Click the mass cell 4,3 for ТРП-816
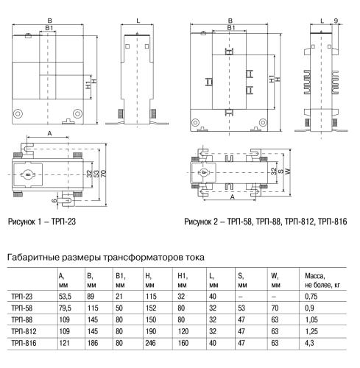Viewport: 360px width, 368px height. tap(309, 343)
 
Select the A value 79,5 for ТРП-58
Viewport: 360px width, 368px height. tap(65, 308)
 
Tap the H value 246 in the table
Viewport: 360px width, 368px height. tap(150, 343)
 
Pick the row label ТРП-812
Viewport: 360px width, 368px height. tap(24, 331)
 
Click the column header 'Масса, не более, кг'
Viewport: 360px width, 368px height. tap(322, 280)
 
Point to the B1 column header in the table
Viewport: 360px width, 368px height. tap(121, 280)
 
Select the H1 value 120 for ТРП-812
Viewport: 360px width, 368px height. tap(183, 331)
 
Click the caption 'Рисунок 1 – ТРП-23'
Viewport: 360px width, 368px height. tap(42, 222)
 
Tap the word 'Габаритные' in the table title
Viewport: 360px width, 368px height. tap(33, 258)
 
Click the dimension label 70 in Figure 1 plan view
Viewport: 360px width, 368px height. tap(104, 174)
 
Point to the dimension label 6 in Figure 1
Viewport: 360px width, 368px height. tap(54, 200)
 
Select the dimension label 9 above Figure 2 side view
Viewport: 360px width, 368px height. tap(336, 21)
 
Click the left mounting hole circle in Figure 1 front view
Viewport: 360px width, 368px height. tap(18, 113)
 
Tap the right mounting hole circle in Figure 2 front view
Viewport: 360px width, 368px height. tap(263, 122)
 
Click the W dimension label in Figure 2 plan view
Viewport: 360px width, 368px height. tap(289, 171)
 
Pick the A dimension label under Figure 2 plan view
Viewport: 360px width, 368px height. tap(233, 197)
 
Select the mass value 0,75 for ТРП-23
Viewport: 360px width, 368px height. tap(311, 297)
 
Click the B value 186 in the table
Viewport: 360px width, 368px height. tap(93, 343)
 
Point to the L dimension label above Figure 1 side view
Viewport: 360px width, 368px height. tap(138, 21)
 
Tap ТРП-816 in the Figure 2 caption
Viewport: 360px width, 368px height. tap(333, 222)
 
